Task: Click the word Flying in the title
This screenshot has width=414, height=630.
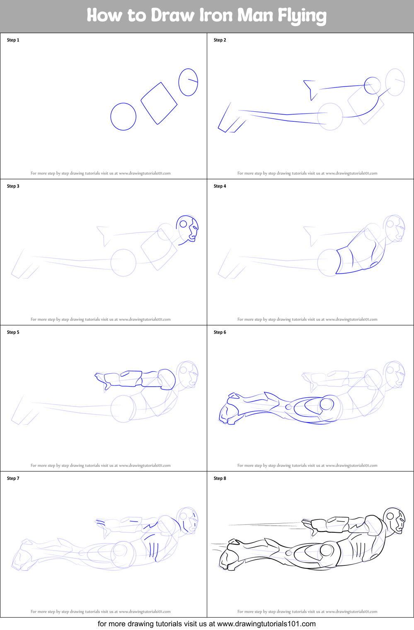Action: [x=302, y=16]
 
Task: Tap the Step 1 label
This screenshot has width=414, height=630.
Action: [x=13, y=40]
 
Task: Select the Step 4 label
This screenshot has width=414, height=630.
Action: [x=220, y=186]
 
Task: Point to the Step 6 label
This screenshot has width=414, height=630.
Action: [x=220, y=332]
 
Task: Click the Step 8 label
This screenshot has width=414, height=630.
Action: [x=220, y=479]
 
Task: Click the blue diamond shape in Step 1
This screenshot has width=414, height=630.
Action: [x=159, y=103]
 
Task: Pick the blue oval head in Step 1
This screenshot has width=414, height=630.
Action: [x=188, y=82]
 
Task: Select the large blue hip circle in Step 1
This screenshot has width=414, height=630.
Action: [x=123, y=117]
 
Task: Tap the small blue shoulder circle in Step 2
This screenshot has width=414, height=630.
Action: [x=372, y=86]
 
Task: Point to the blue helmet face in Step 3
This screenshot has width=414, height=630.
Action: [x=188, y=228]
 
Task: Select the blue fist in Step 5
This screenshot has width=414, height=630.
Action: [x=102, y=379]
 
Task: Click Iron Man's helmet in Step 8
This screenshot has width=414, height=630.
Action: [x=395, y=520]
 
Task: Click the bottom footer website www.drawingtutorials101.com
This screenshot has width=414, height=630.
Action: [x=266, y=624]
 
